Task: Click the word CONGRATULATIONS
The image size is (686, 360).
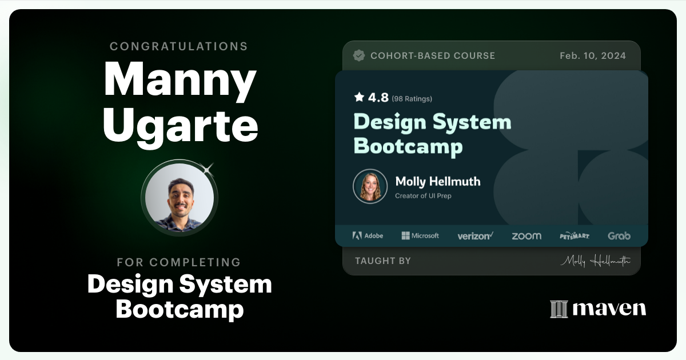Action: point(179,46)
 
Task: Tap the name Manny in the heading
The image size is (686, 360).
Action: point(180,81)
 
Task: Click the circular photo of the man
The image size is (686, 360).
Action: point(180,198)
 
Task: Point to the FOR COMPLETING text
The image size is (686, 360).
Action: point(179,262)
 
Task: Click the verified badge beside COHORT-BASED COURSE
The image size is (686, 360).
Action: point(359,55)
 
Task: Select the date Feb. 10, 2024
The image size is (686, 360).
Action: point(593,55)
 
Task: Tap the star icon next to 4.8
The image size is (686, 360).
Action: point(359,98)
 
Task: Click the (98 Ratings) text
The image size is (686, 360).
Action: point(412,99)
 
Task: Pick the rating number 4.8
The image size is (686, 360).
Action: point(378,98)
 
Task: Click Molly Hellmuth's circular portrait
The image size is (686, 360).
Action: point(370,186)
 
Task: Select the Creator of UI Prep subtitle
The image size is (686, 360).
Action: point(423,196)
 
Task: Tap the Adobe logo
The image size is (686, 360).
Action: point(368,235)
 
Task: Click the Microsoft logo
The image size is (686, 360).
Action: point(420,235)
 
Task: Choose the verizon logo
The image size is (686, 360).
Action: point(475,236)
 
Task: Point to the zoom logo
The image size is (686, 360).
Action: point(526,236)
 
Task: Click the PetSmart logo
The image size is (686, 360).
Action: point(575,236)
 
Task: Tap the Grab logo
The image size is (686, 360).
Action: point(619,235)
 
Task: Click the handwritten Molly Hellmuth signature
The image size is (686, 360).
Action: point(595,261)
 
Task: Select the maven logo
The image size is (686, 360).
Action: point(598,309)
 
